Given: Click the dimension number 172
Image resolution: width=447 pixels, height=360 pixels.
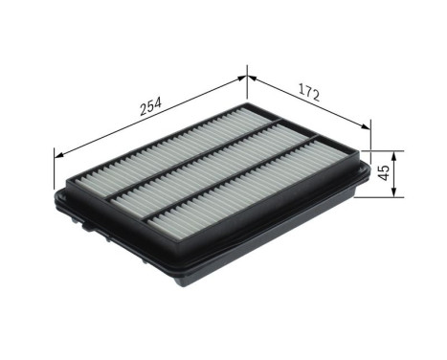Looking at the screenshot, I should (308, 94).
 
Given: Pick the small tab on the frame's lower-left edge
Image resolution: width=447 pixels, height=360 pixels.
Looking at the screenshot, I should (87, 227).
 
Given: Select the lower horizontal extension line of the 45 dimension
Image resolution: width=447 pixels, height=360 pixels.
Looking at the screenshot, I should (383, 199).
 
